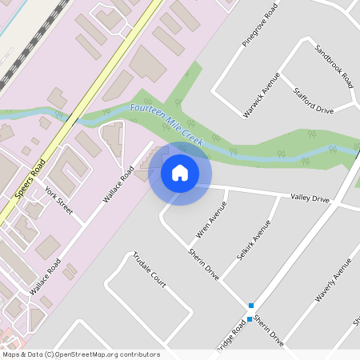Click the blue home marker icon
coord(180,172)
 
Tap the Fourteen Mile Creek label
coord(166,122)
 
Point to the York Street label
coord(59,202)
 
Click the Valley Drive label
coord(310,198)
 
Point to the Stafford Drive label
coord(313,102)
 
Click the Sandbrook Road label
coord(334,65)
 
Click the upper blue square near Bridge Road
coord(251,306)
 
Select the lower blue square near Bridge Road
coord(250,319)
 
